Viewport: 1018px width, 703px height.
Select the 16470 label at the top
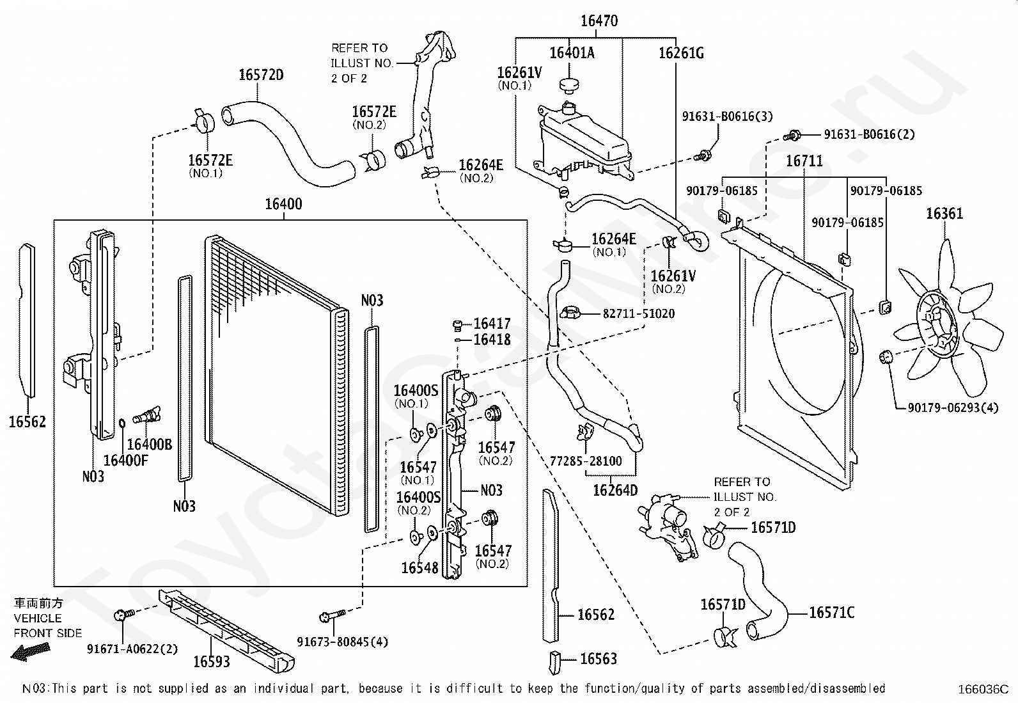pos(599,21)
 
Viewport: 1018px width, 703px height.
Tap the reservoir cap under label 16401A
pos(567,84)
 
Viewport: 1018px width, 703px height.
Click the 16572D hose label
pos(261,75)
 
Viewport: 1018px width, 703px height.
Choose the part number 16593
pos(211,661)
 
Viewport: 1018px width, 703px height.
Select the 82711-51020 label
pos(638,314)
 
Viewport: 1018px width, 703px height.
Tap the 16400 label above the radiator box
pos(283,205)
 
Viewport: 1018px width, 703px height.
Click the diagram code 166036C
pos(982,690)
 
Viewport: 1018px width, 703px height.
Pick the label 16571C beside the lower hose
pos(831,613)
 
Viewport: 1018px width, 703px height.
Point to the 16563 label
pos(599,659)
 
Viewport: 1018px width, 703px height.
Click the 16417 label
pos(492,324)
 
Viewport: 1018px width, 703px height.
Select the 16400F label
pos(125,459)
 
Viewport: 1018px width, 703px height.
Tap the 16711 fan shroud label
pos(804,161)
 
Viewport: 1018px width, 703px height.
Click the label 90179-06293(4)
pos(953,407)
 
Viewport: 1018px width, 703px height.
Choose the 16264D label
pos(615,490)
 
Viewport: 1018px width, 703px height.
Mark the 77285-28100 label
pos(586,461)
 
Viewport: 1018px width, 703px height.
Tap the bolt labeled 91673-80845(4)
pos(328,617)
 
